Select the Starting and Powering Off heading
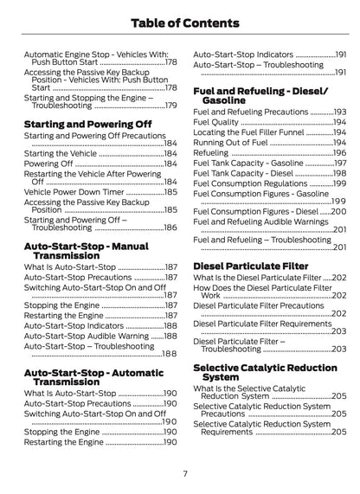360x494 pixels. click(87, 123)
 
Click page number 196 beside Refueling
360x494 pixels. click(339, 151)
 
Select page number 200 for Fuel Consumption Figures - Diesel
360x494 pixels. click(339, 210)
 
